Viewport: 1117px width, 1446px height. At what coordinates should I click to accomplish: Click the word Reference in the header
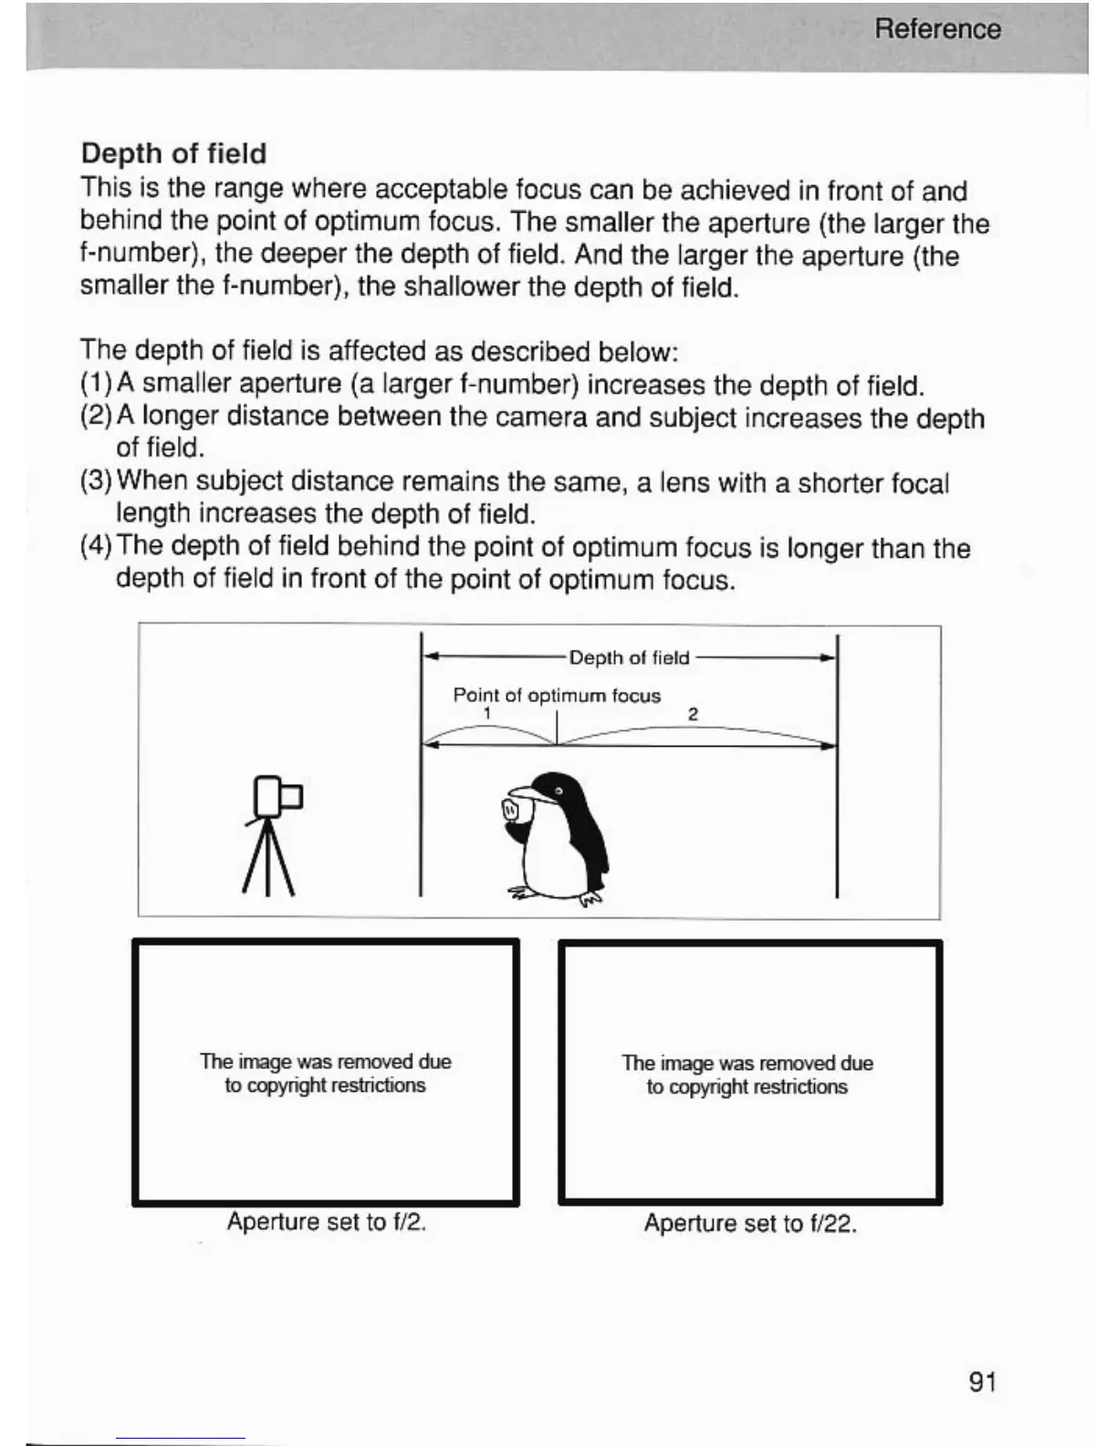pyautogui.click(x=937, y=29)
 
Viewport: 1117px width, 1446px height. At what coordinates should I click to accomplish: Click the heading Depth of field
pyautogui.click(x=173, y=153)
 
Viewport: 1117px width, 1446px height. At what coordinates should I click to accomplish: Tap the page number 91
pyautogui.click(x=982, y=1382)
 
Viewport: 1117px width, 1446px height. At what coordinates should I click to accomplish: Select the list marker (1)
pyautogui.click(x=96, y=384)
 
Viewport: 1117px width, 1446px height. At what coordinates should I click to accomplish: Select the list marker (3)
pyautogui.click(x=97, y=481)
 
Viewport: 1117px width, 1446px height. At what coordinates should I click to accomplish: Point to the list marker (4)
pyautogui.click(x=97, y=547)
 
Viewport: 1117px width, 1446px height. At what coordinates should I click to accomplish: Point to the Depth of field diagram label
pyautogui.click(x=629, y=658)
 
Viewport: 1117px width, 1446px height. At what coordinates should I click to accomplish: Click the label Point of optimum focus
pyautogui.click(x=557, y=696)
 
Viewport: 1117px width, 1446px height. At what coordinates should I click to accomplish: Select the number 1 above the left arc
pyautogui.click(x=488, y=713)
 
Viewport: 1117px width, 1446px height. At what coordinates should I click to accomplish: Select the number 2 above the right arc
pyautogui.click(x=693, y=714)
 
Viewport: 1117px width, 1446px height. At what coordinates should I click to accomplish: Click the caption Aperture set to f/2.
pyautogui.click(x=327, y=1221)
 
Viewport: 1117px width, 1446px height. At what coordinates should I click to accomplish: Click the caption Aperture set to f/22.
pyautogui.click(x=750, y=1223)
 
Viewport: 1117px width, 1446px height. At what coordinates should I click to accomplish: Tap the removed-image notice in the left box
pyautogui.click(x=325, y=1074)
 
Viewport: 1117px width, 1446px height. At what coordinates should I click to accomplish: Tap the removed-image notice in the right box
pyautogui.click(x=747, y=1075)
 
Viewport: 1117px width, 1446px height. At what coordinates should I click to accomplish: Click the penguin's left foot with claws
pyautogui.click(x=590, y=899)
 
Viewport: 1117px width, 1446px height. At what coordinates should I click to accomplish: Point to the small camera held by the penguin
pyautogui.click(x=511, y=809)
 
